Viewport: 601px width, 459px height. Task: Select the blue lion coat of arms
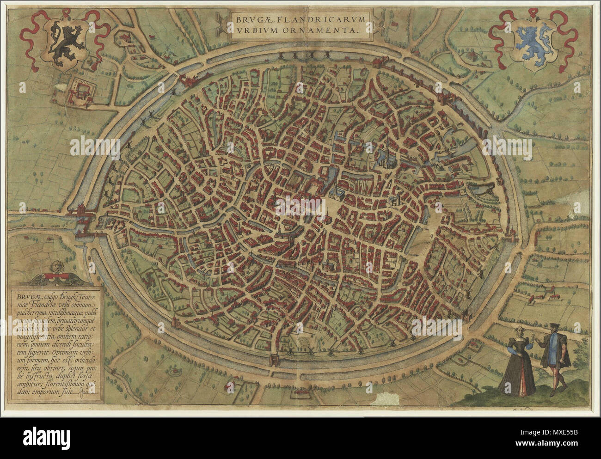coord(532,42)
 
